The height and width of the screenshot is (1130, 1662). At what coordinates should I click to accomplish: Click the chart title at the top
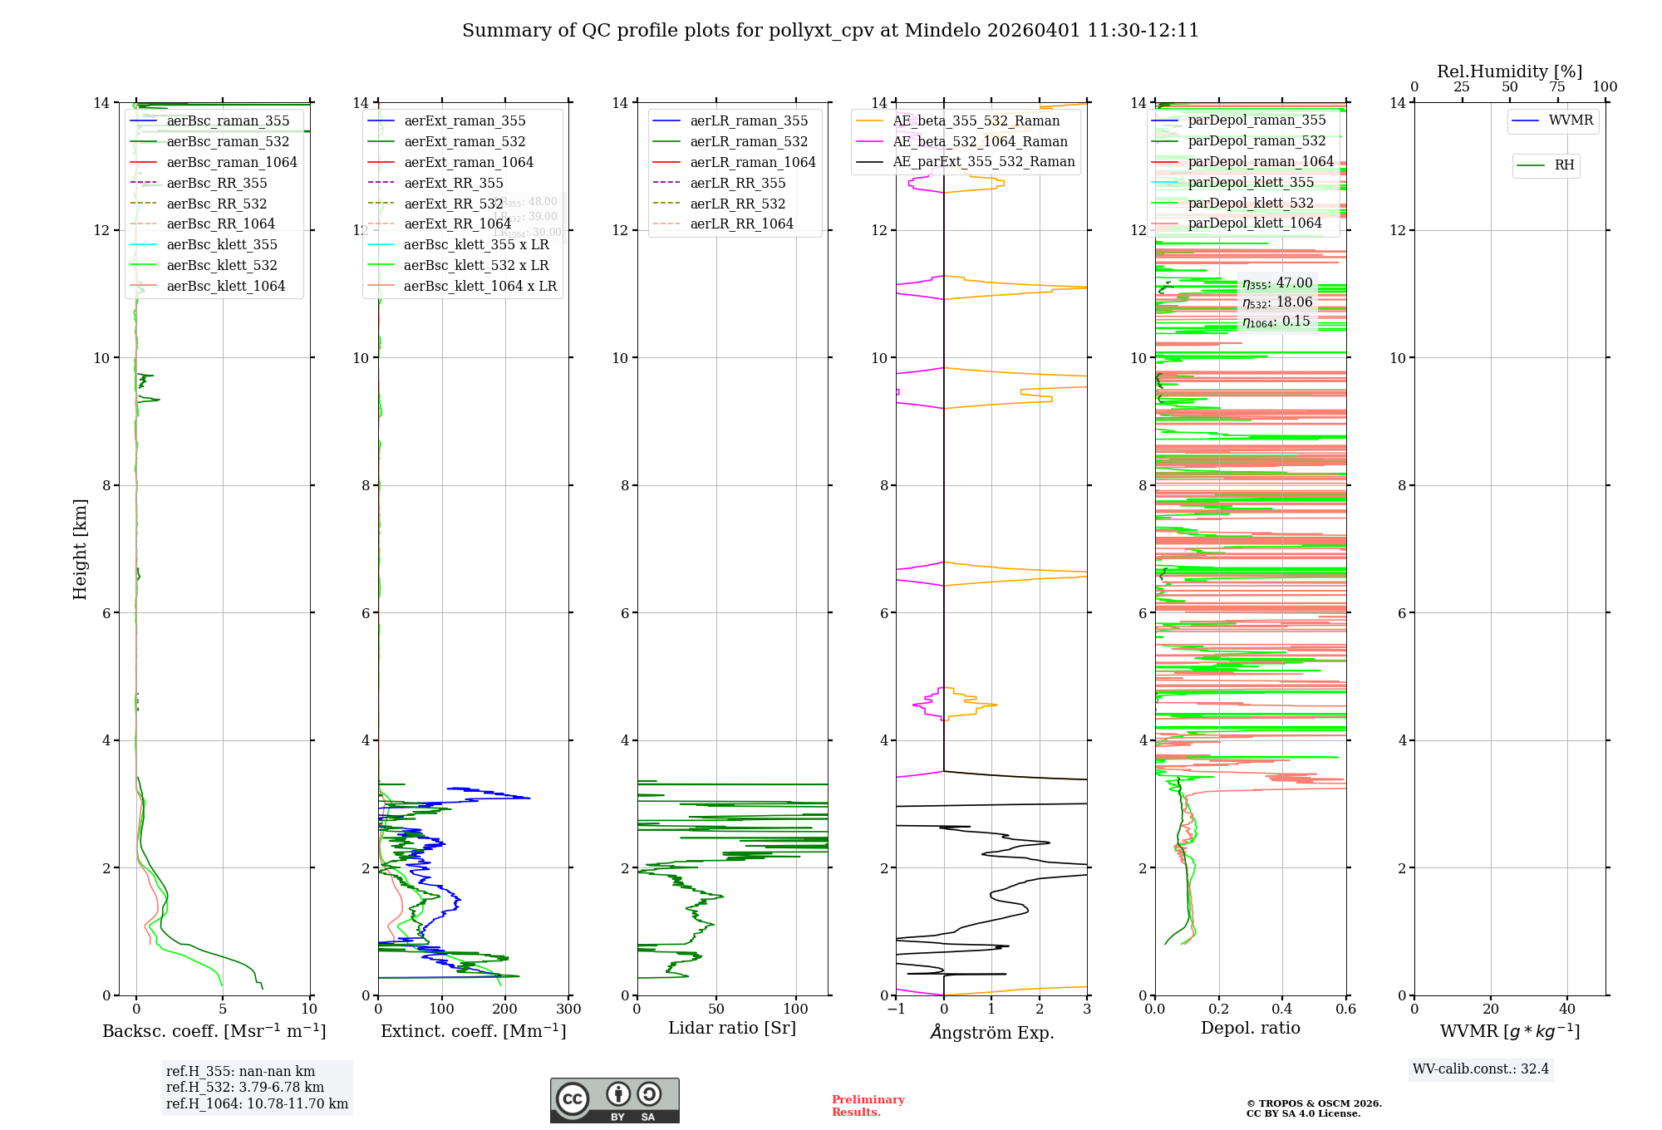click(x=830, y=31)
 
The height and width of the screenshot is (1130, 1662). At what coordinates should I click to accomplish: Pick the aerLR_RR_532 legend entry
click(x=737, y=204)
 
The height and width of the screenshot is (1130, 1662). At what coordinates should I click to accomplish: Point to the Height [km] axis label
click(x=80, y=548)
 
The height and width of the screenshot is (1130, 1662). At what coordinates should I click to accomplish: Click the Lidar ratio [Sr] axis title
click(x=731, y=1029)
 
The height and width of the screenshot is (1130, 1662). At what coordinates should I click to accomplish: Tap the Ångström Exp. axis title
click(x=991, y=1033)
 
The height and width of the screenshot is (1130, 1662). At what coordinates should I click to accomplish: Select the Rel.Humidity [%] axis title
click(x=1509, y=71)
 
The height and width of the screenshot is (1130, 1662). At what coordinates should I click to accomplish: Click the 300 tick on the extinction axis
click(x=568, y=1010)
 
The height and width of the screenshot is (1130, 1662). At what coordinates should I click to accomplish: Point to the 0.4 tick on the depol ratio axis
click(x=1282, y=1010)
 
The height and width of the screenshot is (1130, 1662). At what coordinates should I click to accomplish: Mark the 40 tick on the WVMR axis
click(x=1567, y=1010)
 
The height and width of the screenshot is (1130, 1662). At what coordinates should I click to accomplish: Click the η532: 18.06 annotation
click(x=1277, y=302)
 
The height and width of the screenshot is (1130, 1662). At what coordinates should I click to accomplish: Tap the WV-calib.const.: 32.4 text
click(x=1481, y=1069)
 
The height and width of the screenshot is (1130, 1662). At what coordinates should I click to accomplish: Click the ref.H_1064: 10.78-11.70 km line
click(x=257, y=1104)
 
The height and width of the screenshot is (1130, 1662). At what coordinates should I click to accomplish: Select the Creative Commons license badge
click(x=614, y=1101)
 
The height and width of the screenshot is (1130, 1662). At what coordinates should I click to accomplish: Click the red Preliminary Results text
click(x=868, y=1106)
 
